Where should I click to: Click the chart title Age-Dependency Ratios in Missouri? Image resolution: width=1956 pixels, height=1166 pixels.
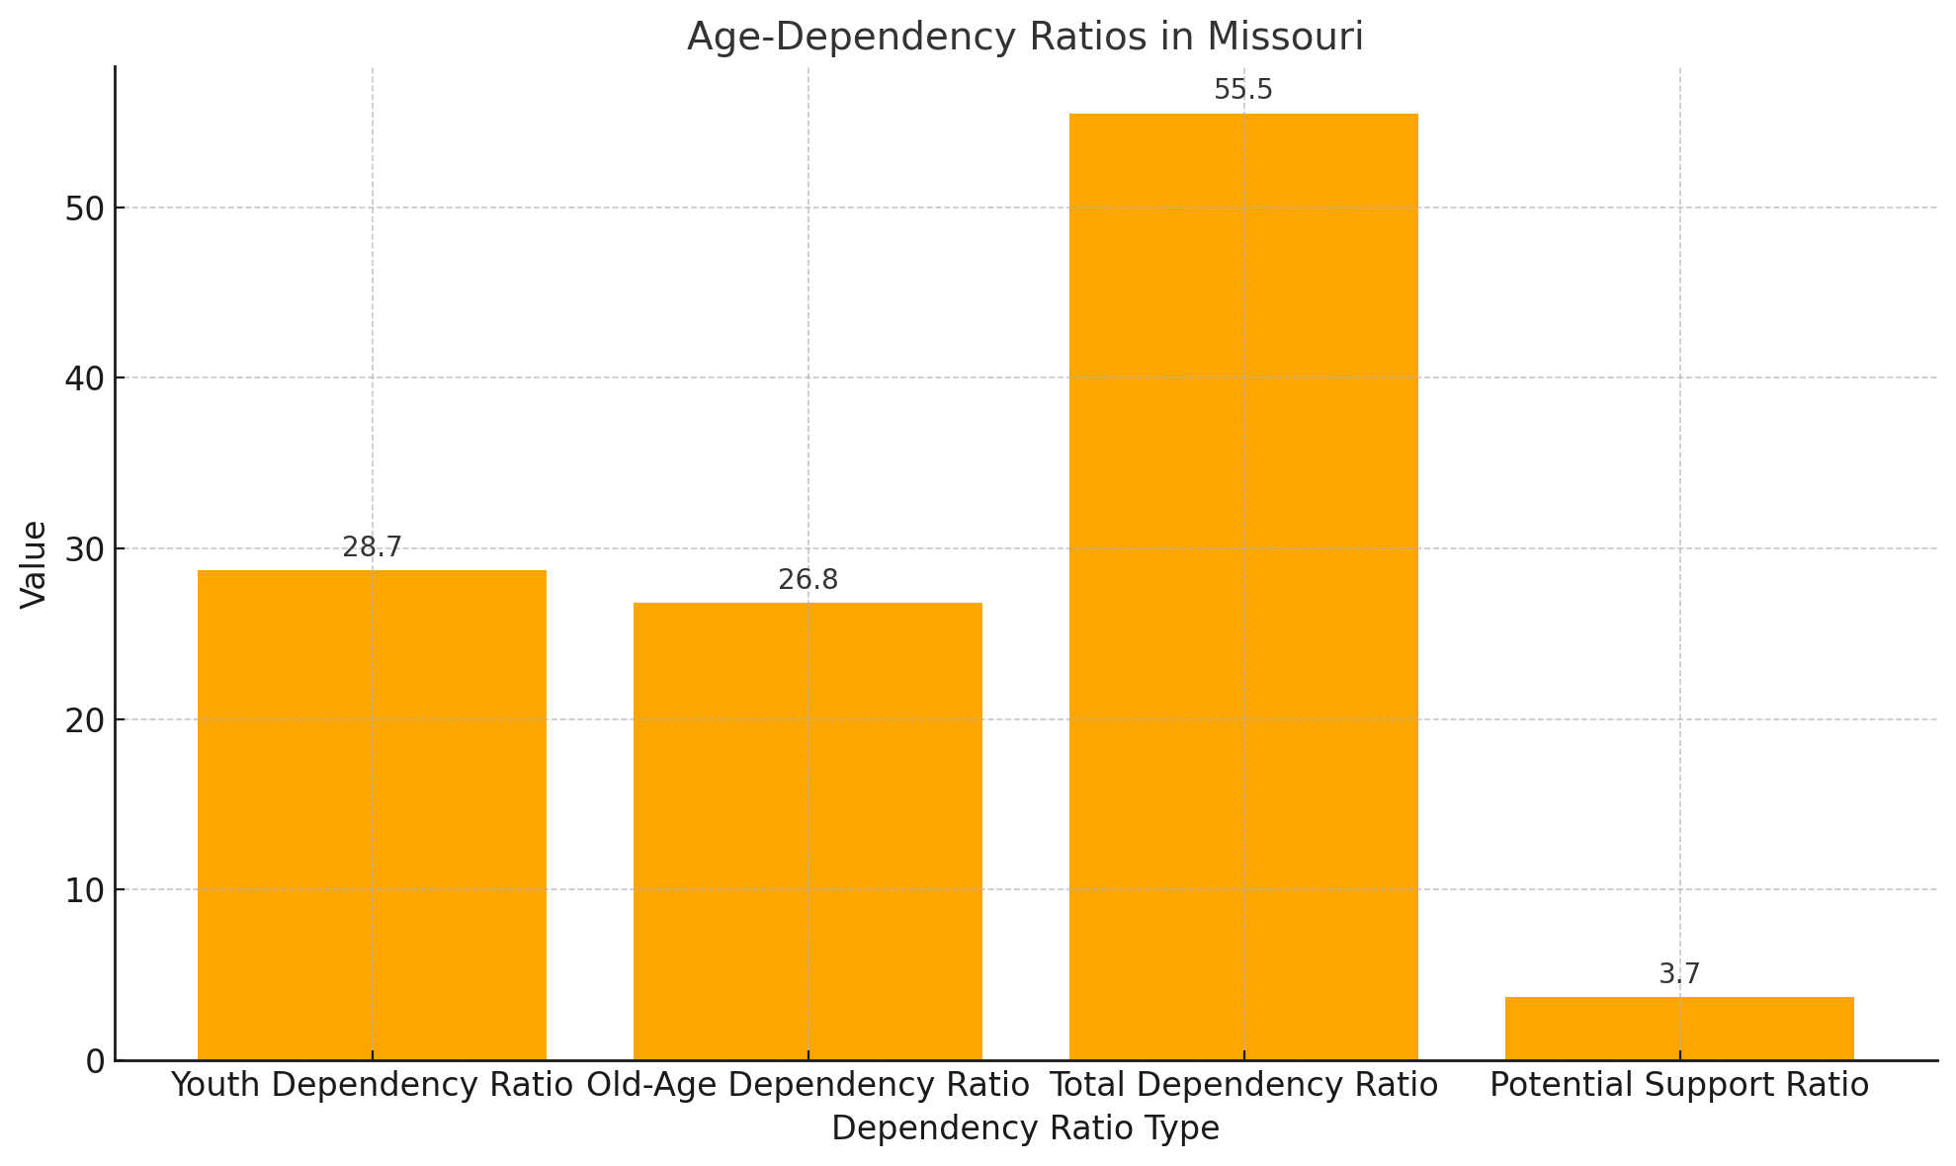pos(1025,38)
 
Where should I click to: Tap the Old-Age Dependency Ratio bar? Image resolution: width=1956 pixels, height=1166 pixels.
pos(808,830)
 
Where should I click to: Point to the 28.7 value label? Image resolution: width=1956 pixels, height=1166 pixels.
pos(372,548)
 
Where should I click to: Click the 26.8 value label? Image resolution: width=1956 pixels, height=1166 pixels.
pos(808,580)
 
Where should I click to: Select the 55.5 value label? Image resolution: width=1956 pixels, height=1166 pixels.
pos(1243,91)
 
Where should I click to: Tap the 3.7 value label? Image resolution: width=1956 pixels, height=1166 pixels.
pos(1679,974)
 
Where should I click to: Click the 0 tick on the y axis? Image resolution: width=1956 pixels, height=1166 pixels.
pos(95,1061)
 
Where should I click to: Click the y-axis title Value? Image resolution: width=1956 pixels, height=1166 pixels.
pos(34,563)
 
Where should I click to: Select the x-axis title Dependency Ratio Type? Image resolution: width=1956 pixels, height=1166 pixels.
pos(1025,1128)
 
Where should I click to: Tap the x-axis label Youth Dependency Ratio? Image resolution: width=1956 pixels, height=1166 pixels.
pos(372,1085)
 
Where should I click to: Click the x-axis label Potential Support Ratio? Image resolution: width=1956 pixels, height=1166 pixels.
pos(1679,1085)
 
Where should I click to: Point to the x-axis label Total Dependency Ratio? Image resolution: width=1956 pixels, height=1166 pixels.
pos(1243,1085)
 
